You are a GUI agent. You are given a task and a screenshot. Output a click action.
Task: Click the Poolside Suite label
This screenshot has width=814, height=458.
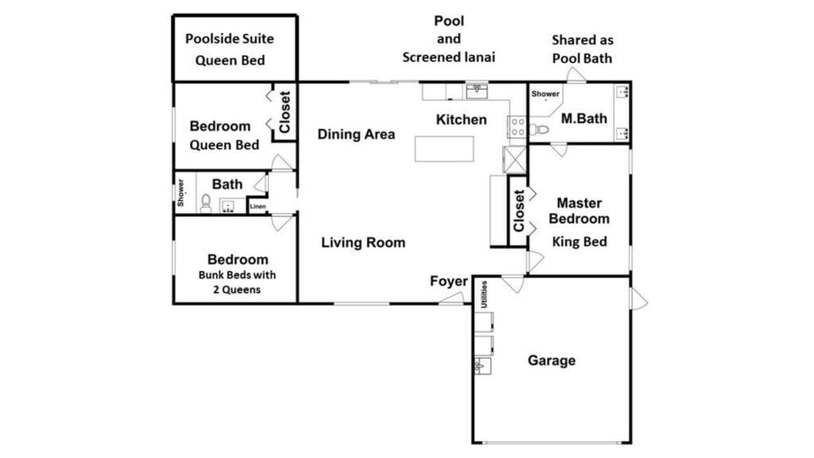click(x=230, y=39)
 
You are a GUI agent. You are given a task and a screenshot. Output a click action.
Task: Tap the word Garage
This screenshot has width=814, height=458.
click(x=551, y=360)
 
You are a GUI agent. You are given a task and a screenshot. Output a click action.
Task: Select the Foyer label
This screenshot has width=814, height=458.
click(x=449, y=282)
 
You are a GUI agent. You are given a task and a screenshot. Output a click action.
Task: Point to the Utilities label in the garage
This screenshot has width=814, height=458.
click(x=484, y=294)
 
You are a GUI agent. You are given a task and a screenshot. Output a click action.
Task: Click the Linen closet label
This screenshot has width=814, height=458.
click(x=258, y=207)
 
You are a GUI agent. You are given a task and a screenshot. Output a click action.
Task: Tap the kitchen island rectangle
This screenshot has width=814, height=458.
click(x=443, y=149)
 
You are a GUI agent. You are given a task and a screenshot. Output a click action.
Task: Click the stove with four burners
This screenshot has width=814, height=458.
click(x=517, y=126)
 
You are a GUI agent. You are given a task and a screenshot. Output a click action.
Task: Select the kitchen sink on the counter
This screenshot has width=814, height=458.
click(x=477, y=92)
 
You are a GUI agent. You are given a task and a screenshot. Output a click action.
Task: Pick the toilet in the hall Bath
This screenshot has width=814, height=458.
click(x=206, y=204)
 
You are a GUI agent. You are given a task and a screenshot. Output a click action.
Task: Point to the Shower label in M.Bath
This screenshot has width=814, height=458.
click(x=545, y=94)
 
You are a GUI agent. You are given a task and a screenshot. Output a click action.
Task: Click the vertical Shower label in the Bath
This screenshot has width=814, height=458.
click(x=181, y=193)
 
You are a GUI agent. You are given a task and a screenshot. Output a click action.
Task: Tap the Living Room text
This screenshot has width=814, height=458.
click(x=363, y=243)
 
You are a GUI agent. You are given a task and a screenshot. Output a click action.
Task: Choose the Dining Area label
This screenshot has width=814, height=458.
click(x=356, y=135)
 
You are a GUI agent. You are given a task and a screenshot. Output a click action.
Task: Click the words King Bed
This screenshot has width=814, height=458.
click(x=579, y=242)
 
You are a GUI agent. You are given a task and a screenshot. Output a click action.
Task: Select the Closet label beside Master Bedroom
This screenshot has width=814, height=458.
click(x=519, y=211)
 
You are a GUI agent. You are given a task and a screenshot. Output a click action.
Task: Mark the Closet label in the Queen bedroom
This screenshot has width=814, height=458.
click(x=285, y=112)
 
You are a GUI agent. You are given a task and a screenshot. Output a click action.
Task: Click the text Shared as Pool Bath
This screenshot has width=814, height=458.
click(x=583, y=49)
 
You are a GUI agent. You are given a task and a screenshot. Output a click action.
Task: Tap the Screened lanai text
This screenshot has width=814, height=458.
click(x=449, y=57)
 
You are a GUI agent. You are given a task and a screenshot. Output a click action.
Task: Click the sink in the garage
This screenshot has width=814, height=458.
click(x=482, y=366)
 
